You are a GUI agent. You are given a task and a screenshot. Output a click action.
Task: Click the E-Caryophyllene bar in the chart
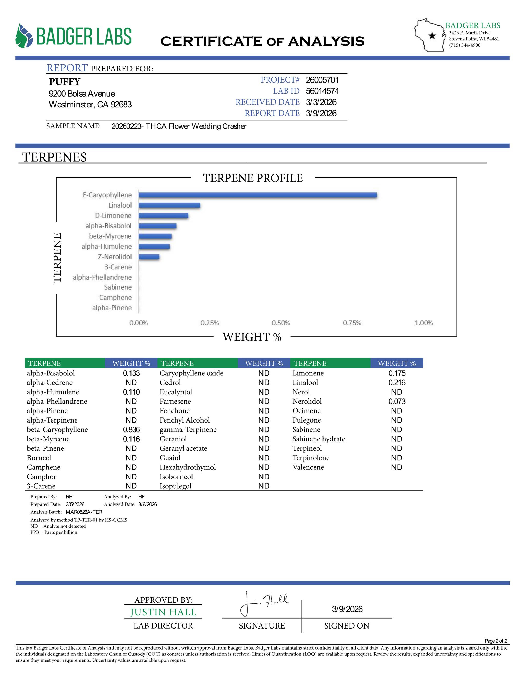pos(258,195)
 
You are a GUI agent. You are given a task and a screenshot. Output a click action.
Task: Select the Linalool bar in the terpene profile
pos(169,205)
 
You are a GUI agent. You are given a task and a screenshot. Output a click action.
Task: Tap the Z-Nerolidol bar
pos(149,257)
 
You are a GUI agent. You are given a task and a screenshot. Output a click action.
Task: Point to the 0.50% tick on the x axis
pos(281,323)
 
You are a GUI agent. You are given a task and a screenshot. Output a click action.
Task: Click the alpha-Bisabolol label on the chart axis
pos(108,226)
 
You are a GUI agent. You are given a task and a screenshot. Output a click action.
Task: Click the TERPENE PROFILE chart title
pos(253,178)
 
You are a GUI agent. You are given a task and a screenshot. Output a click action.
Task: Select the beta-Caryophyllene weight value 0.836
pos(131,430)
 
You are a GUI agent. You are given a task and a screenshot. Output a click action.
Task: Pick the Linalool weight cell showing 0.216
pos(397,382)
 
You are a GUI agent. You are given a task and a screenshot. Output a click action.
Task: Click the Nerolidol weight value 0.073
pos(397,401)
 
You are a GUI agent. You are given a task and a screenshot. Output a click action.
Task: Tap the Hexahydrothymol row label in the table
pos(188,467)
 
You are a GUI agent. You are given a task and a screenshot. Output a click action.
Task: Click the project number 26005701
pos(322,80)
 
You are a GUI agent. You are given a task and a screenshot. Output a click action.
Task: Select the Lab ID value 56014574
pos(322,91)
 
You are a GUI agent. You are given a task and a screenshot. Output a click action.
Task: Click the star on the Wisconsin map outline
pos(432,36)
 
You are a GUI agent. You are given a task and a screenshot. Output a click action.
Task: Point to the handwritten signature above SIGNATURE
pos(264,603)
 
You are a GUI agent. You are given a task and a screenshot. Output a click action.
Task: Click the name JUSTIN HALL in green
pos(163,612)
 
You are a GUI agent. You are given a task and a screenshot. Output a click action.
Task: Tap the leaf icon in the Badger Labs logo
pos(24,36)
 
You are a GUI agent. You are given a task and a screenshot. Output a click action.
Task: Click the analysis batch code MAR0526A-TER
pos(84,512)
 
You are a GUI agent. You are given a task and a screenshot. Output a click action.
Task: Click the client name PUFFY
pos(65,81)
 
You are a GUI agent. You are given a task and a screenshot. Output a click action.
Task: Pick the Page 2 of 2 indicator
pos(496,641)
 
